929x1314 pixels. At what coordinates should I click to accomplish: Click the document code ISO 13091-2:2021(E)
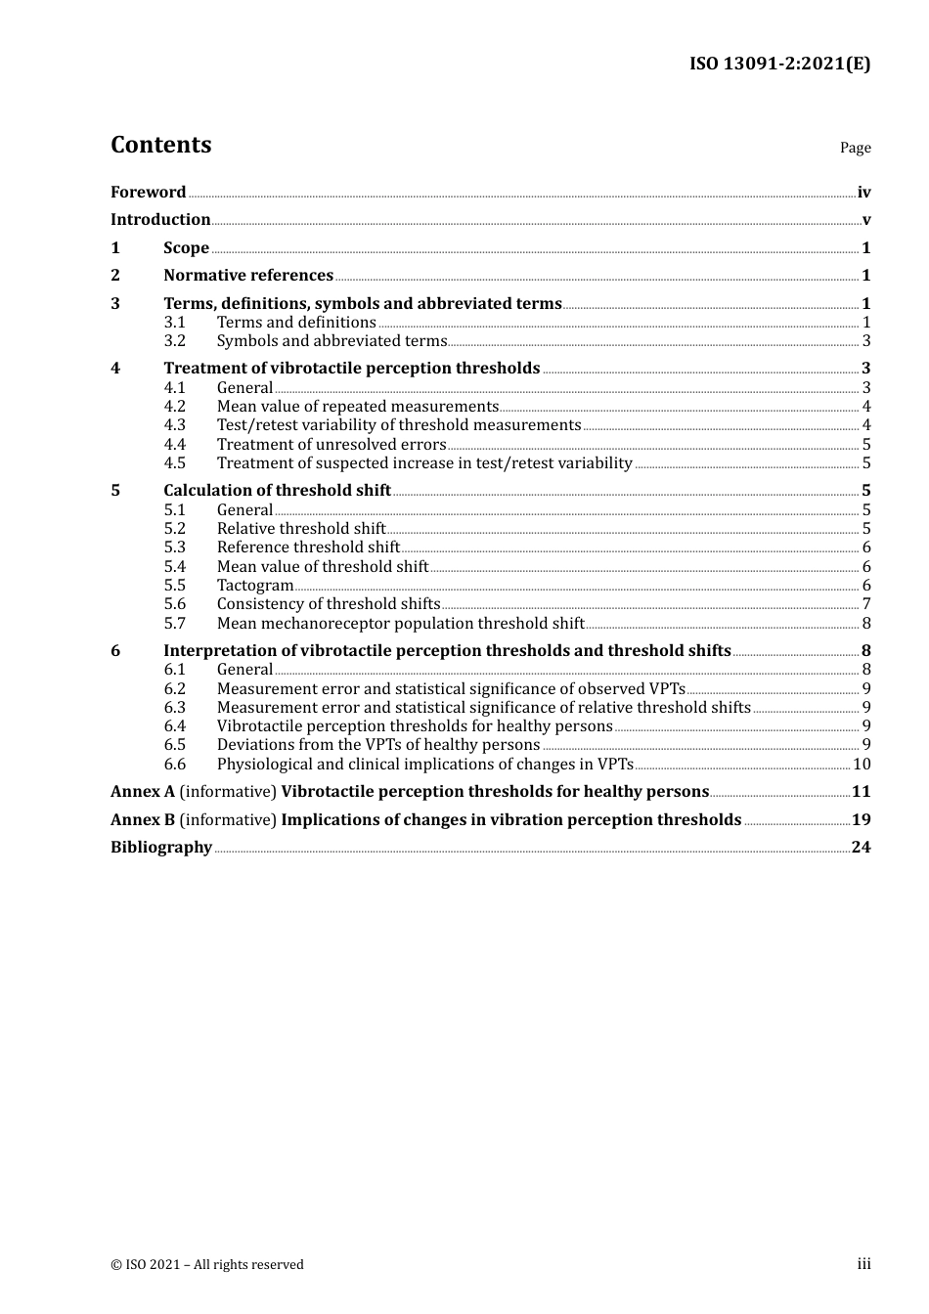tap(779, 65)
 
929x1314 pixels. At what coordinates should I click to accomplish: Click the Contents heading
tap(160, 145)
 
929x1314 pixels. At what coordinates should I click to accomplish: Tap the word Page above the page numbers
tap(855, 148)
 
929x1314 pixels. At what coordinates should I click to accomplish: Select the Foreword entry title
tap(148, 193)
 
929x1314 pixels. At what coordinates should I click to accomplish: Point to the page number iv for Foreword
tap(863, 193)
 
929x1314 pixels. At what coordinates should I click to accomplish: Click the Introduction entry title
tap(160, 220)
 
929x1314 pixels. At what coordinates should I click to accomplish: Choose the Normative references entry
tap(248, 276)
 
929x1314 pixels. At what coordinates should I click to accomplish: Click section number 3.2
tap(174, 341)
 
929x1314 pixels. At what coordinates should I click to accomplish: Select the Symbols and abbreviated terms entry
tap(332, 341)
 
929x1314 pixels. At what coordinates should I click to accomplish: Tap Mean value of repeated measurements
tap(358, 407)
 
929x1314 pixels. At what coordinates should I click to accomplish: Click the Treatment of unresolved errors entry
tap(332, 445)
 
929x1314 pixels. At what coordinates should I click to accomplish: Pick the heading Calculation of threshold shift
tap(277, 491)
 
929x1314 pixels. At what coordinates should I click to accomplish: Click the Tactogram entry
tap(255, 586)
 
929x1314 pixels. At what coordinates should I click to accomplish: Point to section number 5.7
tap(174, 624)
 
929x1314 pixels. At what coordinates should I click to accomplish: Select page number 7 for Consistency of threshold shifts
tap(866, 604)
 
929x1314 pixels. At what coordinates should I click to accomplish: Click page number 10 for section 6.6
tap(862, 765)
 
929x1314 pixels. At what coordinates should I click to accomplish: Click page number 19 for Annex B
tap(861, 820)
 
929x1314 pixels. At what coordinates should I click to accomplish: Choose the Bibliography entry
tap(161, 848)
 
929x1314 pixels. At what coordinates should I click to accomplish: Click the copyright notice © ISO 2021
tap(207, 1265)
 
